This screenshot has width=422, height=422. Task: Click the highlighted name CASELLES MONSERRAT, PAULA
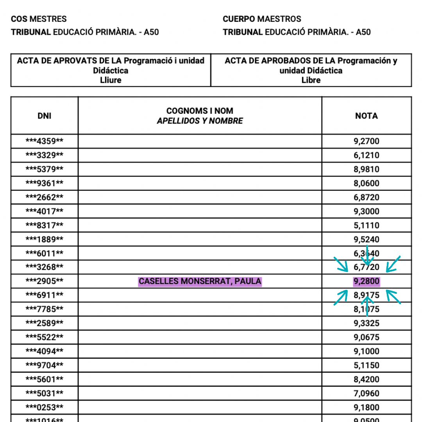click(x=200, y=281)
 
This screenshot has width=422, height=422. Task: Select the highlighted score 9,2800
click(x=367, y=281)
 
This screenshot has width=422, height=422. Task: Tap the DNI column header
click(x=44, y=116)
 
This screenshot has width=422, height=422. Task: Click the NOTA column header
click(x=367, y=116)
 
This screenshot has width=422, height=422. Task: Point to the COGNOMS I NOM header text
click(x=200, y=111)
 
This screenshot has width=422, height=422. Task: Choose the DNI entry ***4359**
click(x=44, y=141)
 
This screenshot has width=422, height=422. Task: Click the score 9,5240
click(x=367, y=239)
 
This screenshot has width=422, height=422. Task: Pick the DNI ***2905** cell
click(x=44, y=281)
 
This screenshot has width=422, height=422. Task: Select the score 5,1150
click(x=367, y=365)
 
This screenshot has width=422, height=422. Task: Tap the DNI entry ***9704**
click(x=44, y=365)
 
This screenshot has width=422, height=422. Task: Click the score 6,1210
click(x=367, y=155)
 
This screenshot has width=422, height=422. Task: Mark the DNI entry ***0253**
click(x=44, y=408)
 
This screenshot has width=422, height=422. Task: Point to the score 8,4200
click(x=367, y=379)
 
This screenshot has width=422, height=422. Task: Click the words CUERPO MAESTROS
click(x=262, y=19)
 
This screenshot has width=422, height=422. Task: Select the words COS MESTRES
click(x=39, y=19)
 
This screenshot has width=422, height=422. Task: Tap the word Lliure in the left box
click(x=111, y=80)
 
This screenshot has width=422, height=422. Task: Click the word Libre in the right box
click(x=311, y=80)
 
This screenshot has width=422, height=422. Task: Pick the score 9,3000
click(x=367, y=211)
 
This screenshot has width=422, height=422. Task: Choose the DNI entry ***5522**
click(x=44, y=337)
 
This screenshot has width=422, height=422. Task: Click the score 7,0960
click(x=367, y=393)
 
